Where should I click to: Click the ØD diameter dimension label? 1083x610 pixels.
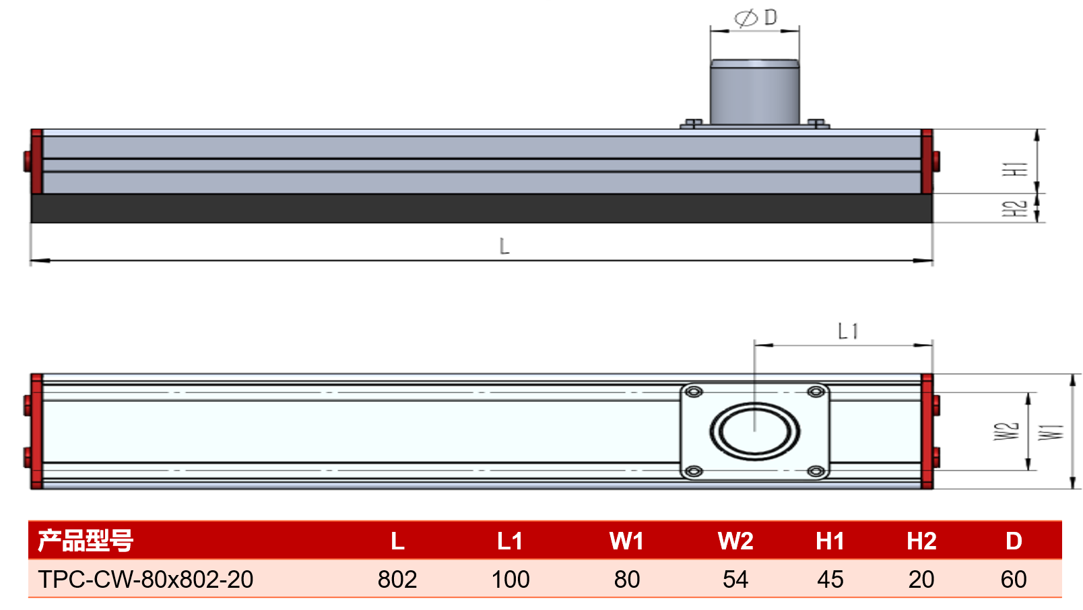click(756, 18)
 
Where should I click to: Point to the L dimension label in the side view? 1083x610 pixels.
click(504, 246)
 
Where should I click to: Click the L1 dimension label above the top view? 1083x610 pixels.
click(848, 331)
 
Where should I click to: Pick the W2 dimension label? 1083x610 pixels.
click(1006, 431)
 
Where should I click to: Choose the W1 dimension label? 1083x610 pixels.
click(1051, 432)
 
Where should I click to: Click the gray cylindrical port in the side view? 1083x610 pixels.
click(755, 92)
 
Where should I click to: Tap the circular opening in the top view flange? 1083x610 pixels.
click(755, 431)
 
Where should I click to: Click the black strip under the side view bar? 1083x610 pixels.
click(482, 208)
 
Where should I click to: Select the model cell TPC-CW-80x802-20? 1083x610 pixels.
click(145, 579)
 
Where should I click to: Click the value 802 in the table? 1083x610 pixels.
click(397, 579)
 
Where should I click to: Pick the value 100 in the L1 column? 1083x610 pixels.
click(511, 579)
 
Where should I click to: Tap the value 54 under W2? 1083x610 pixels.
click(735, 579)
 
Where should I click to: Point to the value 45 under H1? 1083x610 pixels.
click(830, 579)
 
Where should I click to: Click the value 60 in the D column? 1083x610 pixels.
click(1014, 579)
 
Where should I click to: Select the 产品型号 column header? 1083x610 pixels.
click(86, 541)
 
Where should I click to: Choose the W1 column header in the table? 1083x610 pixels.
click(626, 541)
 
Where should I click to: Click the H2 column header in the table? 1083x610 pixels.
click(921, 541)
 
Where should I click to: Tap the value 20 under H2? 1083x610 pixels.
click(921, 579)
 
